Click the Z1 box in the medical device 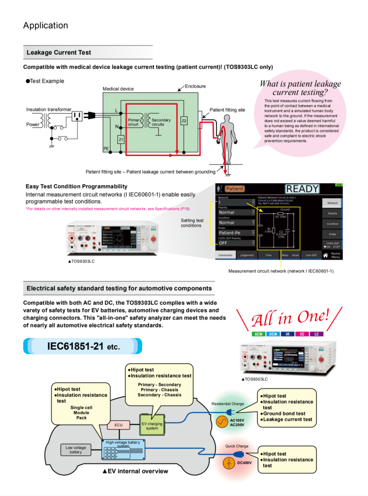tap(121, 139)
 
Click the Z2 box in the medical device tap(184, 120)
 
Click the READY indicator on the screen tap(303, 189)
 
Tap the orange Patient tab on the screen tap(234, 189)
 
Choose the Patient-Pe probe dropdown tap(236, 233)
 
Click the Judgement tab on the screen tap(247, 255)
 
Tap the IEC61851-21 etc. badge tap(83, 347)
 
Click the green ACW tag tap(258, 334)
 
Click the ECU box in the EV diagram tap(118, 425)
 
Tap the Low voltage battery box tap(76, 450)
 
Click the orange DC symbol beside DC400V tap(229, 463)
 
